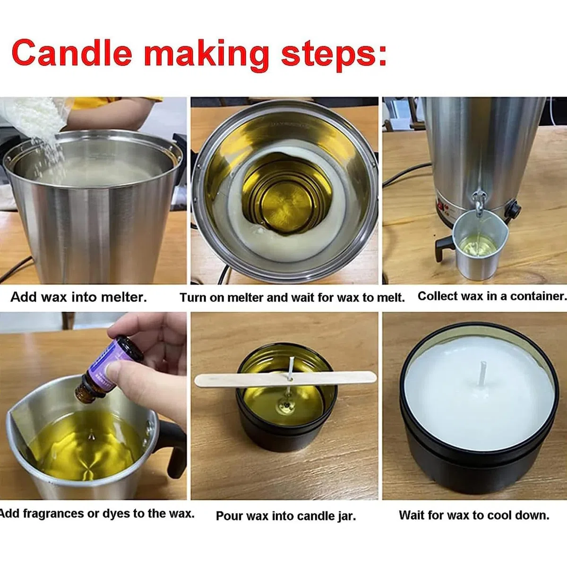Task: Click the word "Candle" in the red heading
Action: (72, 52)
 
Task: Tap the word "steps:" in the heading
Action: (334, 55)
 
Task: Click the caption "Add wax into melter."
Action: (78, 297)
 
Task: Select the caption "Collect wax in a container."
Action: (492, 296)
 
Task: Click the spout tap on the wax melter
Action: (478, 203)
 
